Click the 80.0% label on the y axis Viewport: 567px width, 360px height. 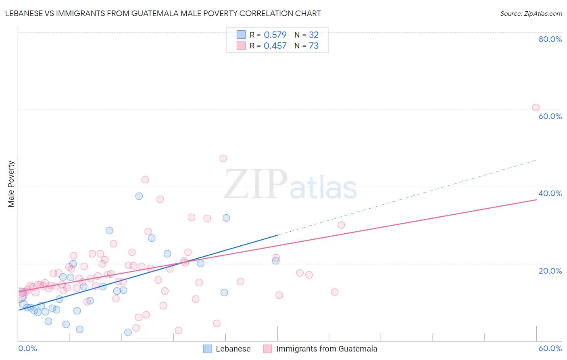pyautogui.click(x=550, y=39)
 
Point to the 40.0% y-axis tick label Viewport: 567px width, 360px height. pyautogui.click(x=550, y=193)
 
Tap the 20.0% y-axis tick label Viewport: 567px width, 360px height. pyautogui.click(x=550, y=271)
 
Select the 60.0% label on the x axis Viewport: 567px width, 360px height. pyautogui.click(x=550, y=348)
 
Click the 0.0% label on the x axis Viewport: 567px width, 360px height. pyautogui.click(x=27, y=348)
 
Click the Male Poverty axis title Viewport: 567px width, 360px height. pyautogui.click(x=11, y=184)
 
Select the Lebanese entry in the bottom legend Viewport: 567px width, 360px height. pyautogui.click(x=233, y=349)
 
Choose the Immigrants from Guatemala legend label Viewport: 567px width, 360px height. pyautogui.click(x=327, y=349)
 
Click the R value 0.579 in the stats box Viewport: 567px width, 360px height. pyautogui.click(x=275, y=35)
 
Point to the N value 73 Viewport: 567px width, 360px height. pyautogui.click(x=314, y=46)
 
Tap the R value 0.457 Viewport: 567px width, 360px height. pyautogui.click(x=275, y=46)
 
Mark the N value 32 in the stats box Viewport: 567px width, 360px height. pyautogui.click(x=314, y=35)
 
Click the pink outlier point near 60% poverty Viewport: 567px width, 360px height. pyautogui.click(x=536, y=107)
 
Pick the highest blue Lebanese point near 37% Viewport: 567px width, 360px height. pyautogui.click(x=139, y=196)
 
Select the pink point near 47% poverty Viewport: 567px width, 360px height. pyautogui.click(x=223, y=159)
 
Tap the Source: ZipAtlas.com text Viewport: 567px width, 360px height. pyautogui.click(x=531, y=14)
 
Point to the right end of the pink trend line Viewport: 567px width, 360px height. pyautogui.click(x=536, y=199)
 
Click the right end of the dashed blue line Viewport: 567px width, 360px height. pyautogui.click(x=536, y=160)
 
